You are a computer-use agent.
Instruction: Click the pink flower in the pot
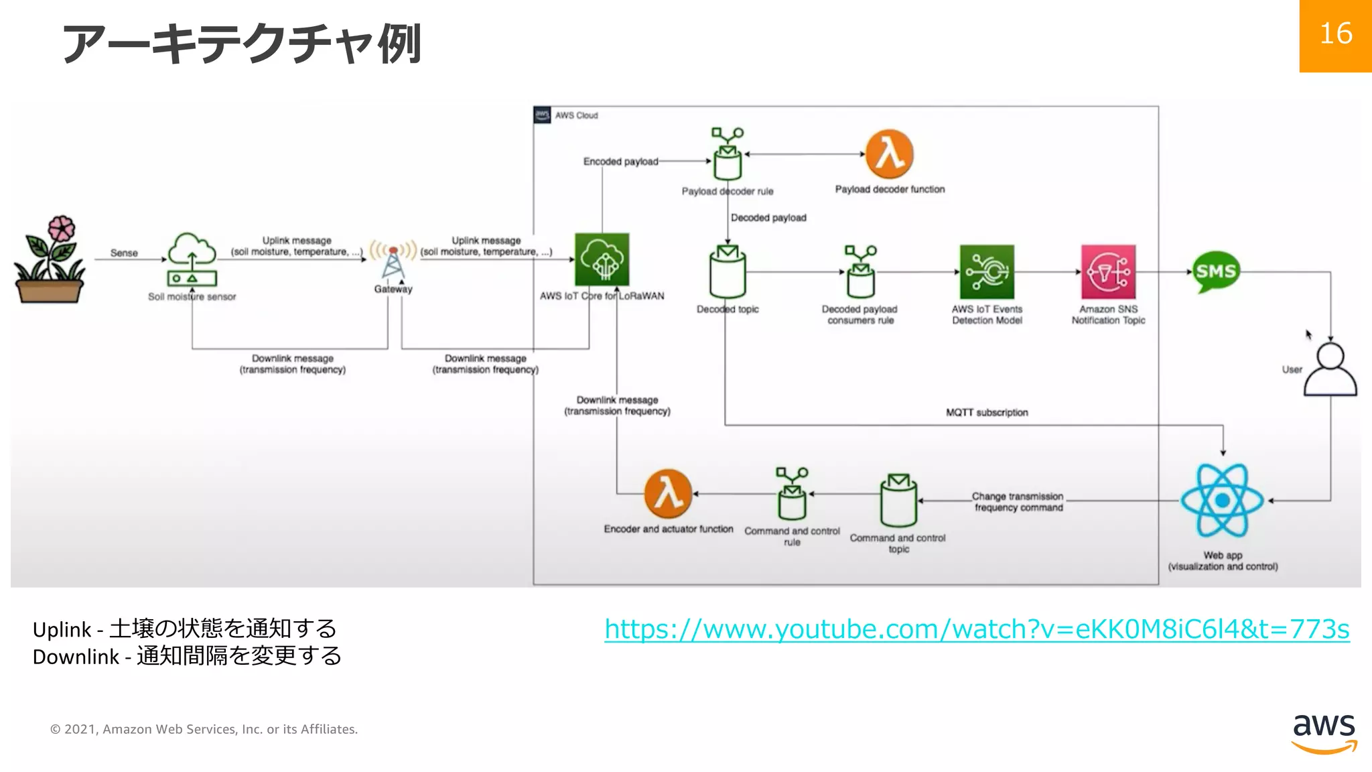tap(60, 229)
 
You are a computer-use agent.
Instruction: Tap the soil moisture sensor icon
tap(192, 260)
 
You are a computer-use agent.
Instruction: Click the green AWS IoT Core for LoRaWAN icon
tap(602, 260)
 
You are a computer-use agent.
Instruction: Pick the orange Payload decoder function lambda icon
tap(889, 154)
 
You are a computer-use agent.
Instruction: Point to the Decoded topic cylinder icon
tap(728, 272)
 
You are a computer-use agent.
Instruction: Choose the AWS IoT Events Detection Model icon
tap(987, 271)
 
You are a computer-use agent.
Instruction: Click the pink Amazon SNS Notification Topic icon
tap(1108, 271)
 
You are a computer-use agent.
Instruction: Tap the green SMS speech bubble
tap(1216, 271)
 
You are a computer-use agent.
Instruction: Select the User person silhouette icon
tap(1330, 370)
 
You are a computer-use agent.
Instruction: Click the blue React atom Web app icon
tap(1222, 500)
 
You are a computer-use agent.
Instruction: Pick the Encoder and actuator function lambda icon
tap(668, 494)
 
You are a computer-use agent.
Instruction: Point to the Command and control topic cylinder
tap(898, 501)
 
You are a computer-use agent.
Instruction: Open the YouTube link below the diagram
tap(977, 629)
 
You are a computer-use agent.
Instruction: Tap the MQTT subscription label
tap(986, 413)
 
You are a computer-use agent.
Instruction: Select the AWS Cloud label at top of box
tap(576, 115)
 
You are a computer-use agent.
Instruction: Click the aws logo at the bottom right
tap(1324, 733)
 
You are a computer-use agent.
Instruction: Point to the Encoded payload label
tap(620, 162)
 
